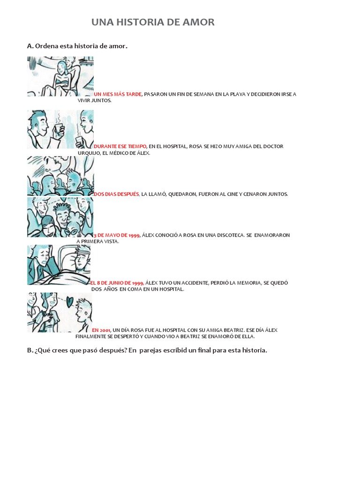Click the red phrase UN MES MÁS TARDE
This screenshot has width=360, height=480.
[x=118, y=94]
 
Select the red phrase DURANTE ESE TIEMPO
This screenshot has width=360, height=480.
[x=120, y=146]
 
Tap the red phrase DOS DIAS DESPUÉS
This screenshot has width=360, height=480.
[x=116, y=194]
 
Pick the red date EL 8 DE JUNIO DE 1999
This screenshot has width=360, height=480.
[x=117, y=283]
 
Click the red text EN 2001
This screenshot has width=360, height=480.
[x=101, y=330]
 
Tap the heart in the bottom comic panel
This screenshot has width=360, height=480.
[x=69, y=302]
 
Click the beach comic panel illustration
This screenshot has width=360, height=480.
[x=60, y=76]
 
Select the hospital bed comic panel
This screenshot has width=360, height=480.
[x=59, y=265]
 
